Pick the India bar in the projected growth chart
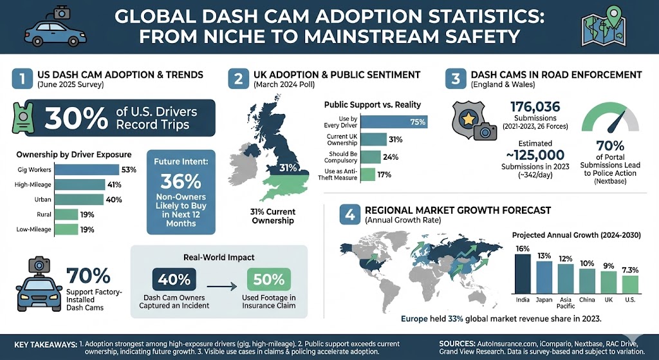coord(523,273)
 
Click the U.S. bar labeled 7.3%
coord(630,284)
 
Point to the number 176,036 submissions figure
coord(535,107)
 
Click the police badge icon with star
coord(468,118)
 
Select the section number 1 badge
coord(23,80)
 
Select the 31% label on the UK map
coord(288,168)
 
